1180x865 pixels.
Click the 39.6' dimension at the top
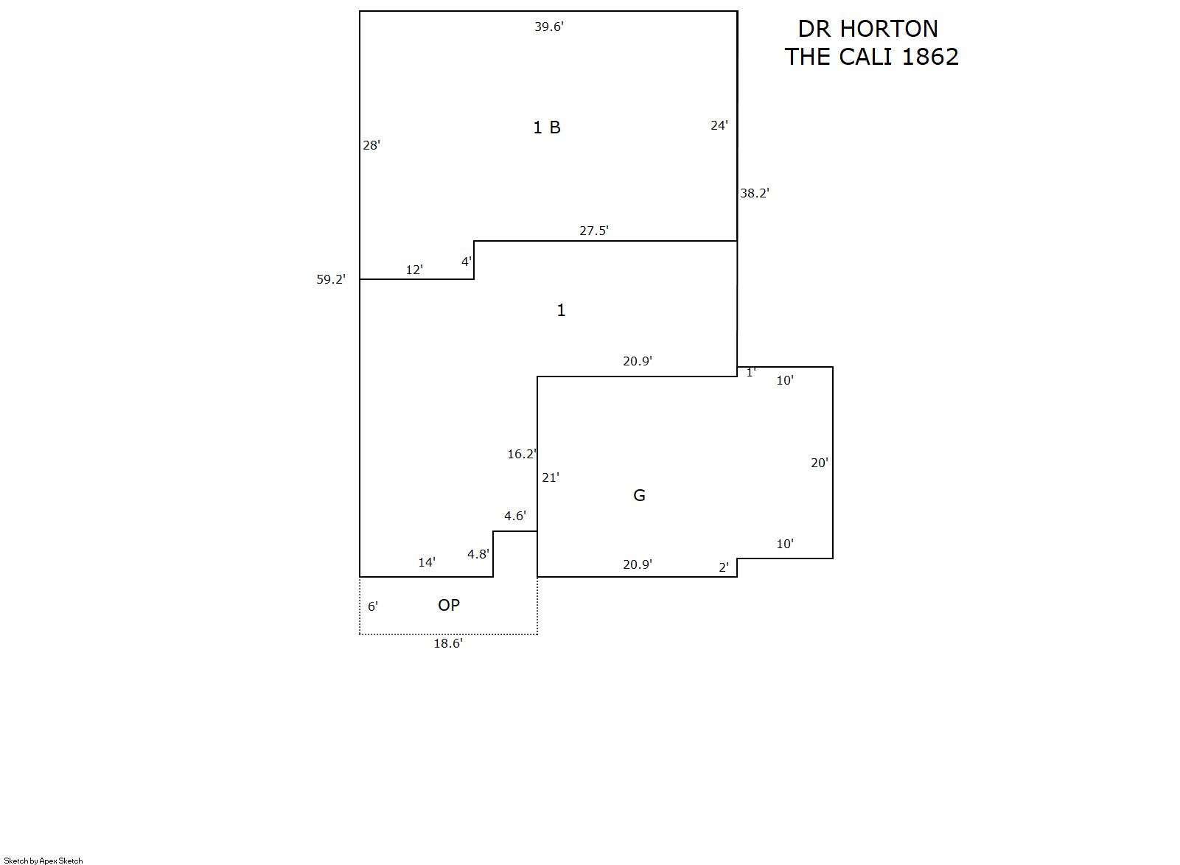click(x=549, y=27)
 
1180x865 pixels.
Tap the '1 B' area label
click(x=547, y=127)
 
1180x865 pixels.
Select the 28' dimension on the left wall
click(x=371, y=145)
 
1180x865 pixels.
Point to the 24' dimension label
click(x=719, y=125)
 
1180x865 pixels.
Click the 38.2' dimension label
click(x=754, y=193)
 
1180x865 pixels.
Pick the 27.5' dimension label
click(x=594, y=231)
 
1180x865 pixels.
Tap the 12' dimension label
click(x=414, y=270)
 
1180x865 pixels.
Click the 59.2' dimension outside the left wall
click(x=331, y=279)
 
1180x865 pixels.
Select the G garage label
click(x=639, y=495)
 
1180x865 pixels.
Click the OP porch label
click(x=449, y=606)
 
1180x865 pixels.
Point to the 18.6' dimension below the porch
click(x=448, y=643)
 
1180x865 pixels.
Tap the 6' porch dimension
click(x=373, y=607)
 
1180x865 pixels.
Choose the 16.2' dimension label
click(x=522, y=454)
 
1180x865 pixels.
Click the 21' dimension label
click(x=551, y=477)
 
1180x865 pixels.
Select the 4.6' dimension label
click(x=515, y=516)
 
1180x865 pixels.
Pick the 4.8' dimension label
click(x=478, y=554)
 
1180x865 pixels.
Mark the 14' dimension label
click(x=427, y=562)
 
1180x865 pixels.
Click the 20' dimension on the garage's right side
click(x=819, y=463)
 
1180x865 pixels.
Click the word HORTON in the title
click(x=889, y=29)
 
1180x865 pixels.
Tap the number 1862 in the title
click(x=930, y=57)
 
